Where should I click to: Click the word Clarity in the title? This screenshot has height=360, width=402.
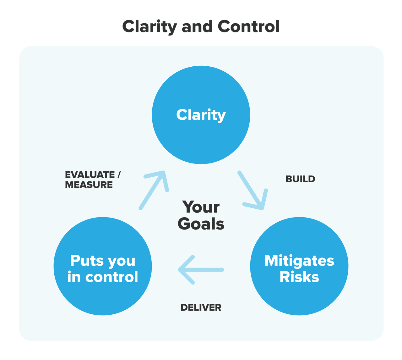(149, 27)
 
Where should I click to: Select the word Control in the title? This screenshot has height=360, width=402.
(248, 26)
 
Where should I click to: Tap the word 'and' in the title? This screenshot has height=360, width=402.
(197, 26)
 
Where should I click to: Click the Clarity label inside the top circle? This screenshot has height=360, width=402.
(201, 115)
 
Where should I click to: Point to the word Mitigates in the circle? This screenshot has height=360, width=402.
(299, 261)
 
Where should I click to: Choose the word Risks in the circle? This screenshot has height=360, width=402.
(299, 277)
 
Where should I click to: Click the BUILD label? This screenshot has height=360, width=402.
(300, 179)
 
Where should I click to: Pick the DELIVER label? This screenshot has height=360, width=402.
(201, 307)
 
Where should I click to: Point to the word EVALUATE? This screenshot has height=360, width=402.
(90, 175)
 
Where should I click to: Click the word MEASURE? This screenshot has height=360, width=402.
(89, 185)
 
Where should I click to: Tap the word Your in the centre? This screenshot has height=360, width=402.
(201, 207)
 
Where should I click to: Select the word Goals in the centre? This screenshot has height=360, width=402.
(201, 224)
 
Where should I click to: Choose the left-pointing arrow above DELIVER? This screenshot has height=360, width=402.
(201, 270)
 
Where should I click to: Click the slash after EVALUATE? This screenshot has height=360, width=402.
(119, 175)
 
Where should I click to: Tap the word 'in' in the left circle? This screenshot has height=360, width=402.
(74, 277)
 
